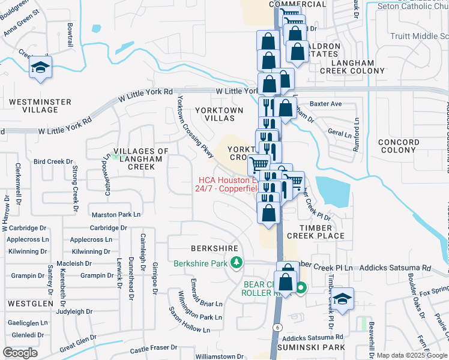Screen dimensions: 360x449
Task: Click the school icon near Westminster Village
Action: [40, 68]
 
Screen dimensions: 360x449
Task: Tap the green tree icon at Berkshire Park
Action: [238, 262]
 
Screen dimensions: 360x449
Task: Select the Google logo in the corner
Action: [20, 353]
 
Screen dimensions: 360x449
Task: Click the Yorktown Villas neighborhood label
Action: [220, 114]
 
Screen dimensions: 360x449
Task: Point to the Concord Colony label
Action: [399, 146]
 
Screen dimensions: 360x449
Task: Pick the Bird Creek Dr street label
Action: [53, 162]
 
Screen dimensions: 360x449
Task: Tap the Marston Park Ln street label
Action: [116, 214]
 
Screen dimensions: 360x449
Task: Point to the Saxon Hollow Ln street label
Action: [189, 321]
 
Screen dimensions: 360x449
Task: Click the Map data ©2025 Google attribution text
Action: [411, 355]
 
